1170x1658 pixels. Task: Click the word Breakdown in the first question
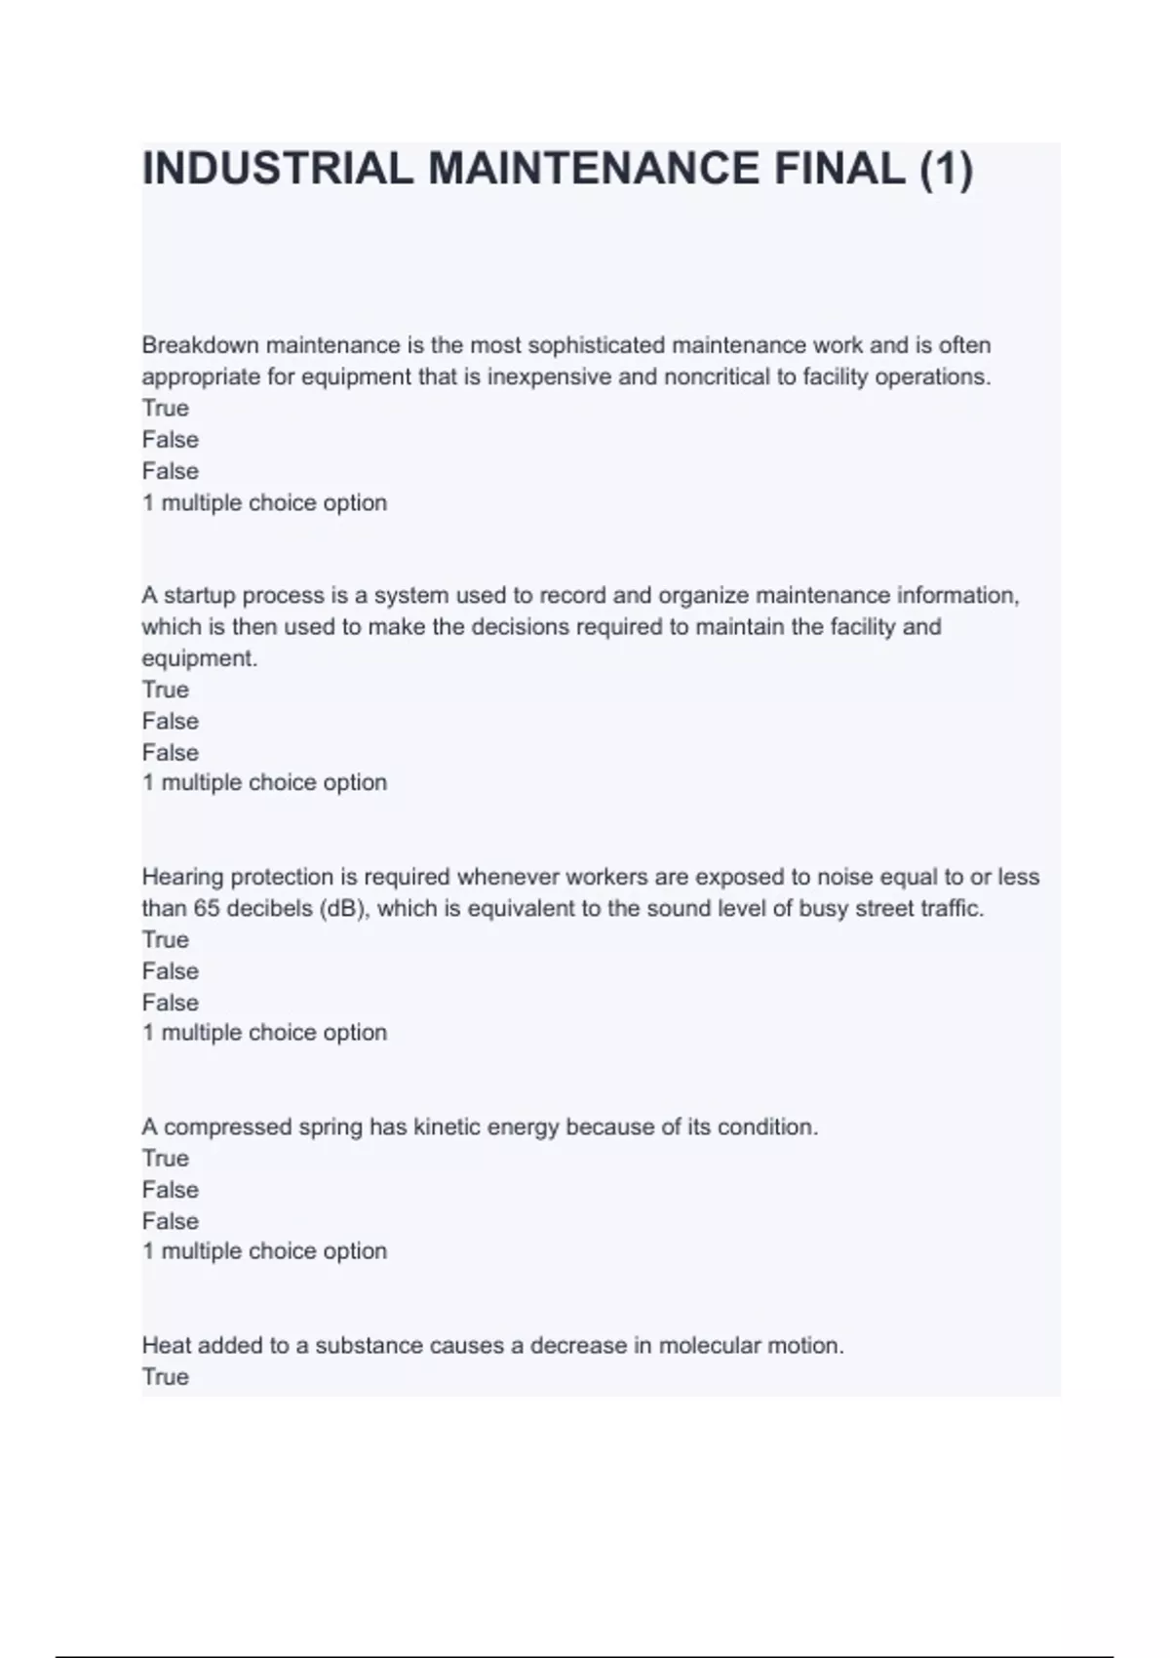[x=201, y=345]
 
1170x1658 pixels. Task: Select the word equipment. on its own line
[x=200, y=658]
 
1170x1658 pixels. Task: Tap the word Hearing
[x=183, y=877]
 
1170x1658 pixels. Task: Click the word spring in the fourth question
[x=331, y=1126]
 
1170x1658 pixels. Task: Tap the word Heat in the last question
[x=165, y=1345]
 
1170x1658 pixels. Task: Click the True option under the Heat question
[x=166, y=1376]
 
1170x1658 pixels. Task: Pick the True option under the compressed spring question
[x=166, y=1158]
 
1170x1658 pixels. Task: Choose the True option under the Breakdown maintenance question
[x=166, y=408]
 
